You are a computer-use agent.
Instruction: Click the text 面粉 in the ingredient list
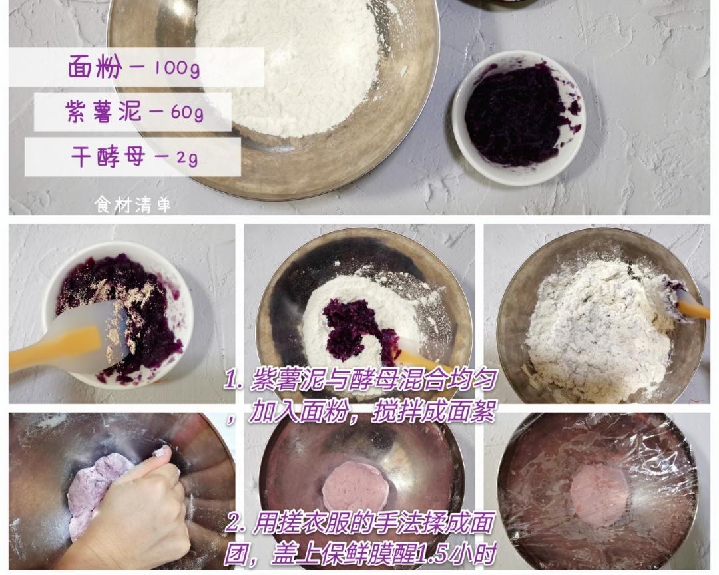coord(95,67)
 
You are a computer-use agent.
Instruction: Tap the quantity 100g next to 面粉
coord(177,67)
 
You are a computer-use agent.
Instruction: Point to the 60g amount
coord(187,112)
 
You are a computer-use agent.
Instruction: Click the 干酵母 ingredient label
coord(109,156)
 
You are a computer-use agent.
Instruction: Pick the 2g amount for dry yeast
coord(187,158)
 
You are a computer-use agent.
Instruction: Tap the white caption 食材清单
coord(132,204)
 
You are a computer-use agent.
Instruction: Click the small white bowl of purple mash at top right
coord(519,117)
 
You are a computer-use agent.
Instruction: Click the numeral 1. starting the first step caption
coord(234,381)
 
